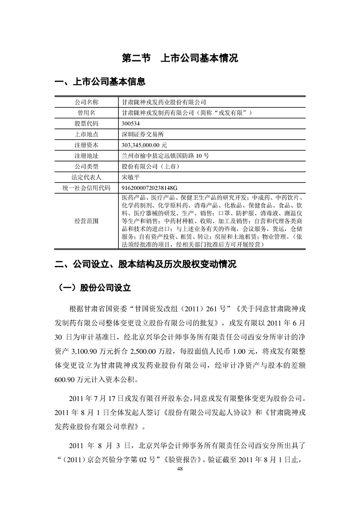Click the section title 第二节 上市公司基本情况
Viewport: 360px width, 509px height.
pos(180,59)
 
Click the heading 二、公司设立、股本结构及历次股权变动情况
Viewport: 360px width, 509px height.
pos(145,264)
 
